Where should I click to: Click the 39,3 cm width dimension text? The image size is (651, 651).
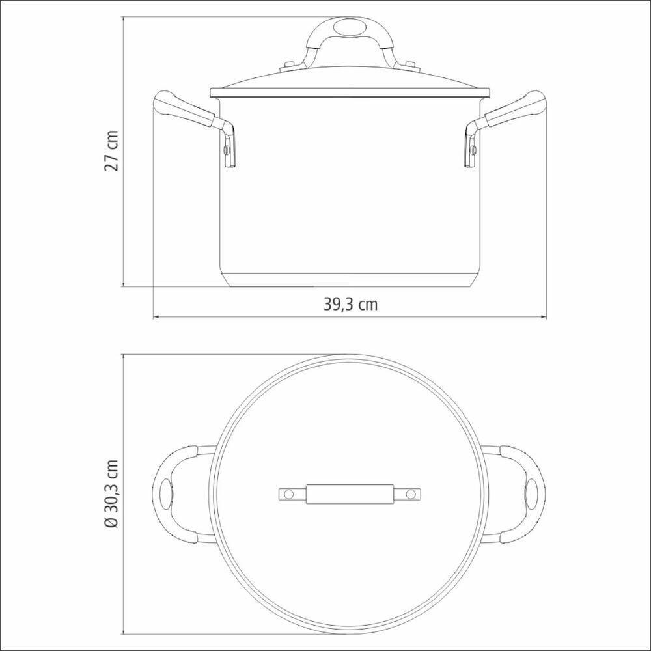350,305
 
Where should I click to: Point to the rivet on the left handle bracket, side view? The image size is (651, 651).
225,150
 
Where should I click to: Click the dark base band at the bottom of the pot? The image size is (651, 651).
350,281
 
